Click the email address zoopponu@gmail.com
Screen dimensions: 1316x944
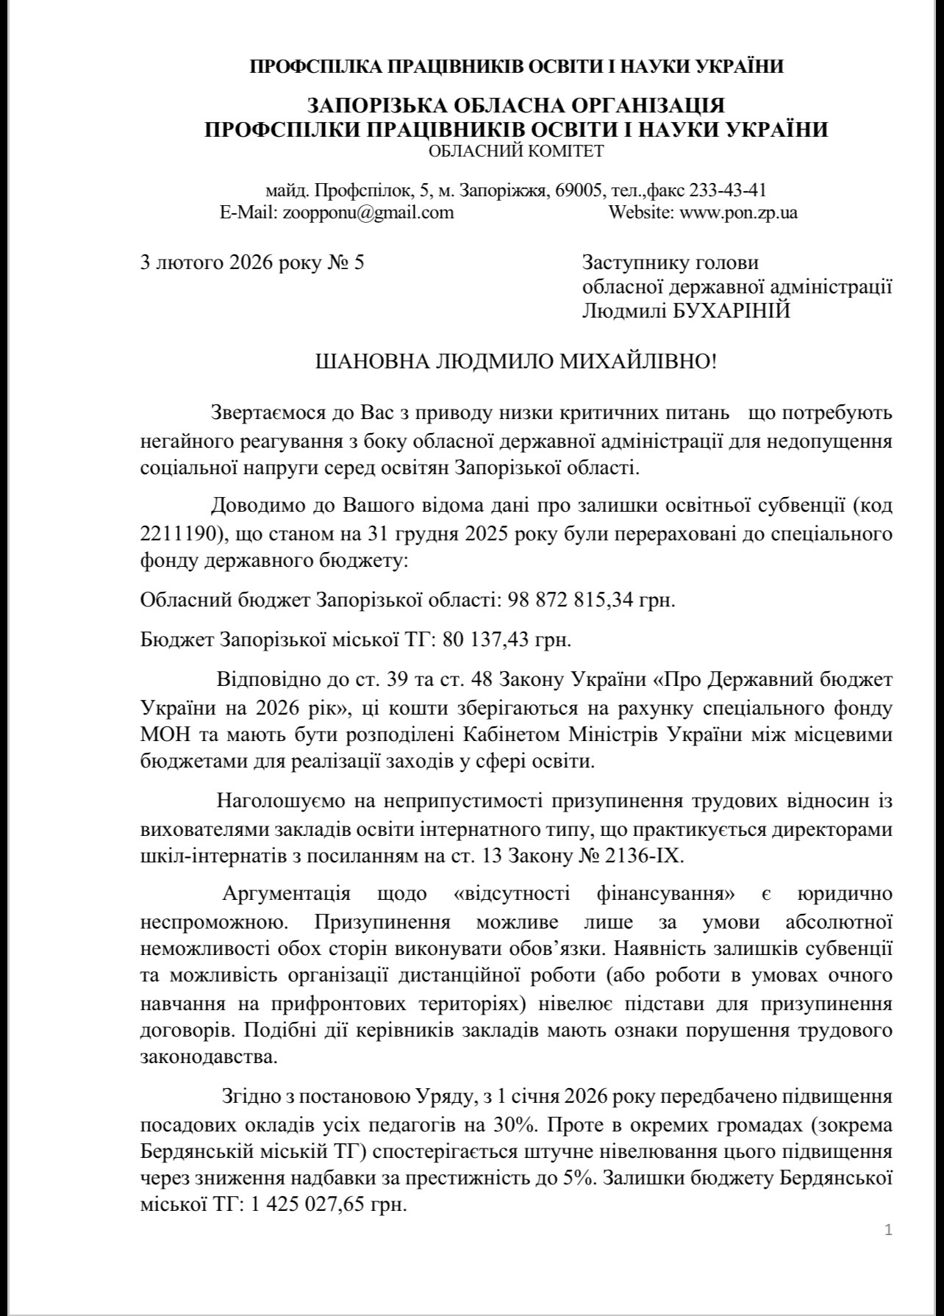pyautogui.click(x=365, y=213)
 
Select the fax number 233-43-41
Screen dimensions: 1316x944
pyautogui.click(x=728, y=190)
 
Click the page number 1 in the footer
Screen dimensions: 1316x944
pyautogui.click(x=888, y=1229)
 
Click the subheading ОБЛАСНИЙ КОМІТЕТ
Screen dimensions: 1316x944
pyautogui.click(x=516, y=151)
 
